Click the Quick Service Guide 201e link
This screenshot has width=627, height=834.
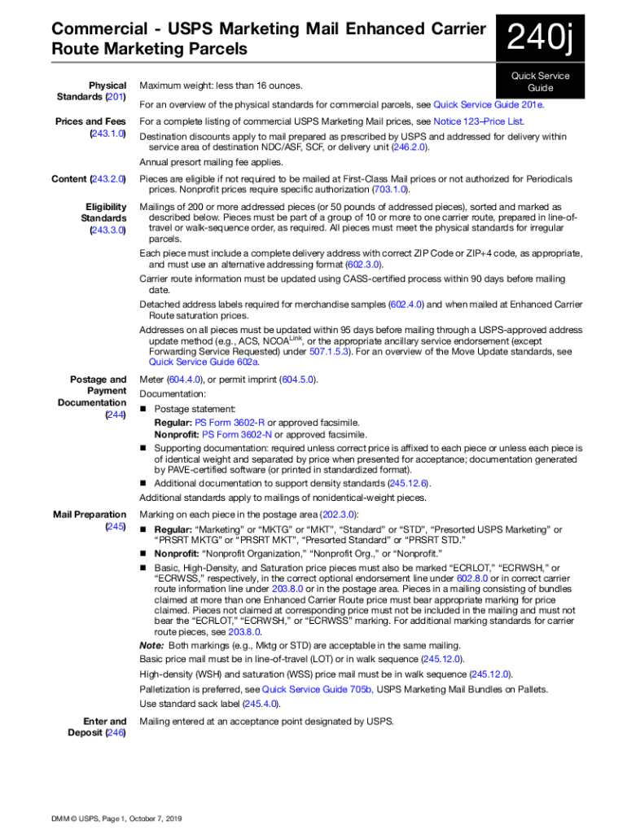(489, 104)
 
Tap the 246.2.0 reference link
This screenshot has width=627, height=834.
(410, 147)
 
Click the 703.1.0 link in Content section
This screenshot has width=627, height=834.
(391, 190)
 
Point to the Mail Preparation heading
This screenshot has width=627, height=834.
(90, 514)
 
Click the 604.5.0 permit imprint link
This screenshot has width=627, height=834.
(297, 380)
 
